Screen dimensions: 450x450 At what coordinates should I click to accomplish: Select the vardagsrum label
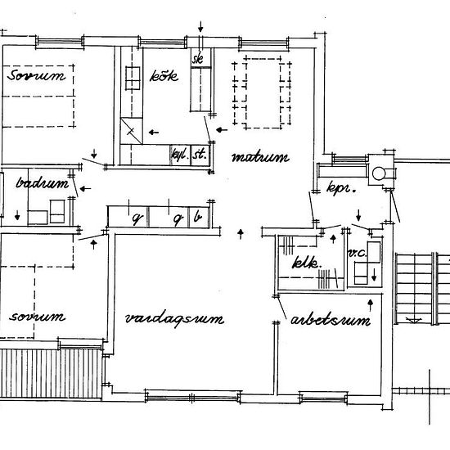(x=174, y=318)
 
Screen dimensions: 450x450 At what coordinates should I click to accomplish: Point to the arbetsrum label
(x=331, y=321)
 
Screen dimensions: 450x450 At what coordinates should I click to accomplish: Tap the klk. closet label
(x=304, y=264)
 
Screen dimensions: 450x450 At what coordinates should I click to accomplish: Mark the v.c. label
(x=356, y=254)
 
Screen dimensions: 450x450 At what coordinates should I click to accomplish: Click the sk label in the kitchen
(x=197, y=60)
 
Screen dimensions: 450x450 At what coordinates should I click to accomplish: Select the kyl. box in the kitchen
(x=178, y=154)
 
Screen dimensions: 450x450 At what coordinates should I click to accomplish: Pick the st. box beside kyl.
(x=198, y=154)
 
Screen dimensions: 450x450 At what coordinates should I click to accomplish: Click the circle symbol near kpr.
(x=379, y=173)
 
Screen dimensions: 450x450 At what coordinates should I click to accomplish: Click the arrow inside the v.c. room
(x=374, y=274)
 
